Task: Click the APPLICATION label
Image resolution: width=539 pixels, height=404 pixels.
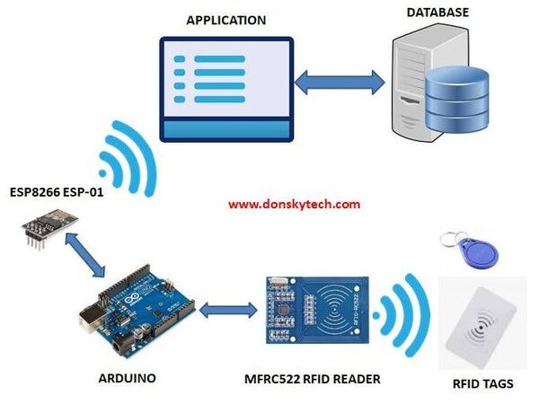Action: pyautogui.click(x=225, y=20)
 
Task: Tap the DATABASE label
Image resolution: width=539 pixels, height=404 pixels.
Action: pyautogui.click(x=437, y=13)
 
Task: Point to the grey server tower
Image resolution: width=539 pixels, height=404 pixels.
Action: pyautogui.click(x=414, y=85)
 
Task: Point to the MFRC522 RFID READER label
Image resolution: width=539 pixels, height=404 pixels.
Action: pyautogui.click(x=314, y=380)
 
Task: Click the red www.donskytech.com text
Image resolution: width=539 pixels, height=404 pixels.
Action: pyautogui.click(x=294, y=204)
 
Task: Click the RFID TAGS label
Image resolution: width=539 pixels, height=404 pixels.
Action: pyautogui.click(x=484, y=384)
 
